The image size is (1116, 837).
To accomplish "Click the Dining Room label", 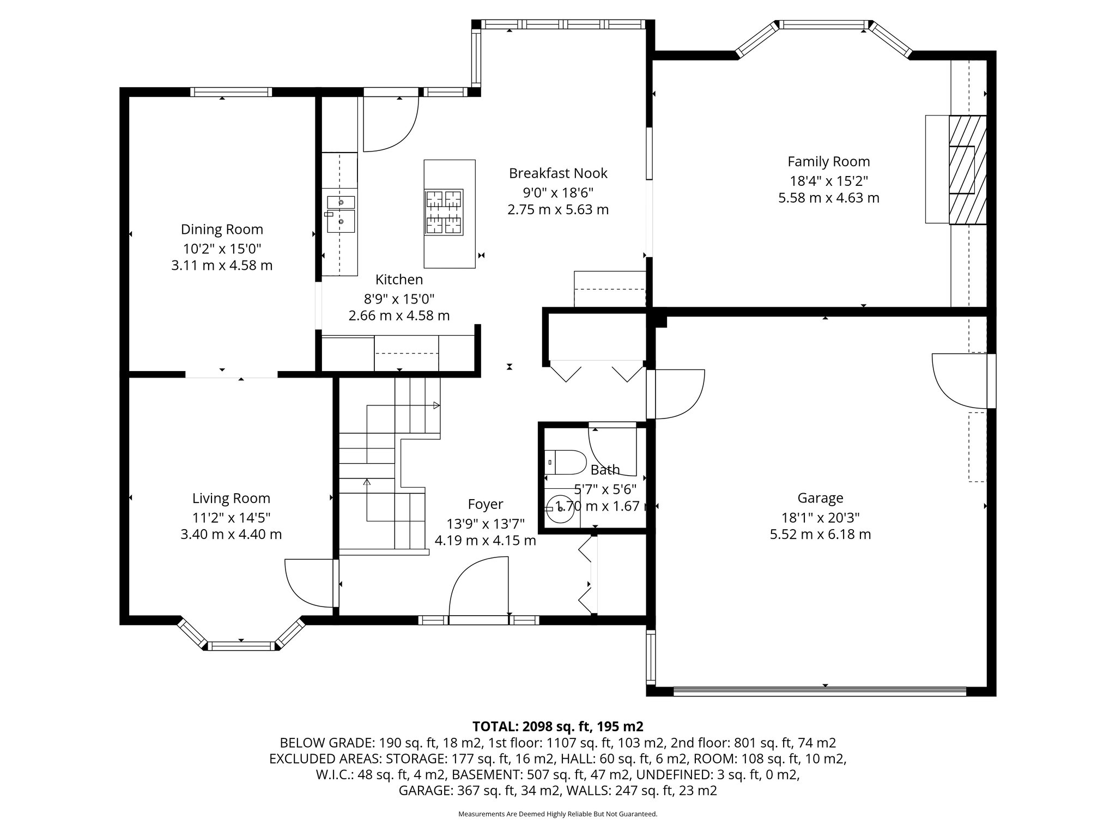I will point(222,229).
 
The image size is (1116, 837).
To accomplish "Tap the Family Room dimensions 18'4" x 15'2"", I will point(828,180).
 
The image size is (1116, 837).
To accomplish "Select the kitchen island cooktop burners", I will point(444,212).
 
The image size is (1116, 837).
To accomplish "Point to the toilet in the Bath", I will point(565,462).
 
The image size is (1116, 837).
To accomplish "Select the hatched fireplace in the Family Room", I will point(967,169).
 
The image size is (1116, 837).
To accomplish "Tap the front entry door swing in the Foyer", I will point(478,587).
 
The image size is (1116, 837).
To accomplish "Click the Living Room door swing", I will point(308,583).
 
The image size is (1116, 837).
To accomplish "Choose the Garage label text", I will point(820,498).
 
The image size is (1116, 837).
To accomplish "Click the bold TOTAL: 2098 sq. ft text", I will point(557,726).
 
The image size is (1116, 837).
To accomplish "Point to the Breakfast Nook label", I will point(558,173).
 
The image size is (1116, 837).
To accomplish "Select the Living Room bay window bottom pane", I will point(241,646).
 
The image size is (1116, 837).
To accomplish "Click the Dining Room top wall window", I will point(231,92).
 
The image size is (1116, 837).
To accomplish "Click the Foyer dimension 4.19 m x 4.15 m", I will point(485,541).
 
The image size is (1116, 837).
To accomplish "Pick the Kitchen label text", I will point(399,280).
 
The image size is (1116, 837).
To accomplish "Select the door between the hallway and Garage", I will point(676,394).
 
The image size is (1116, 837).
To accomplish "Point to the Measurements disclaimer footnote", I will point(557,814).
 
